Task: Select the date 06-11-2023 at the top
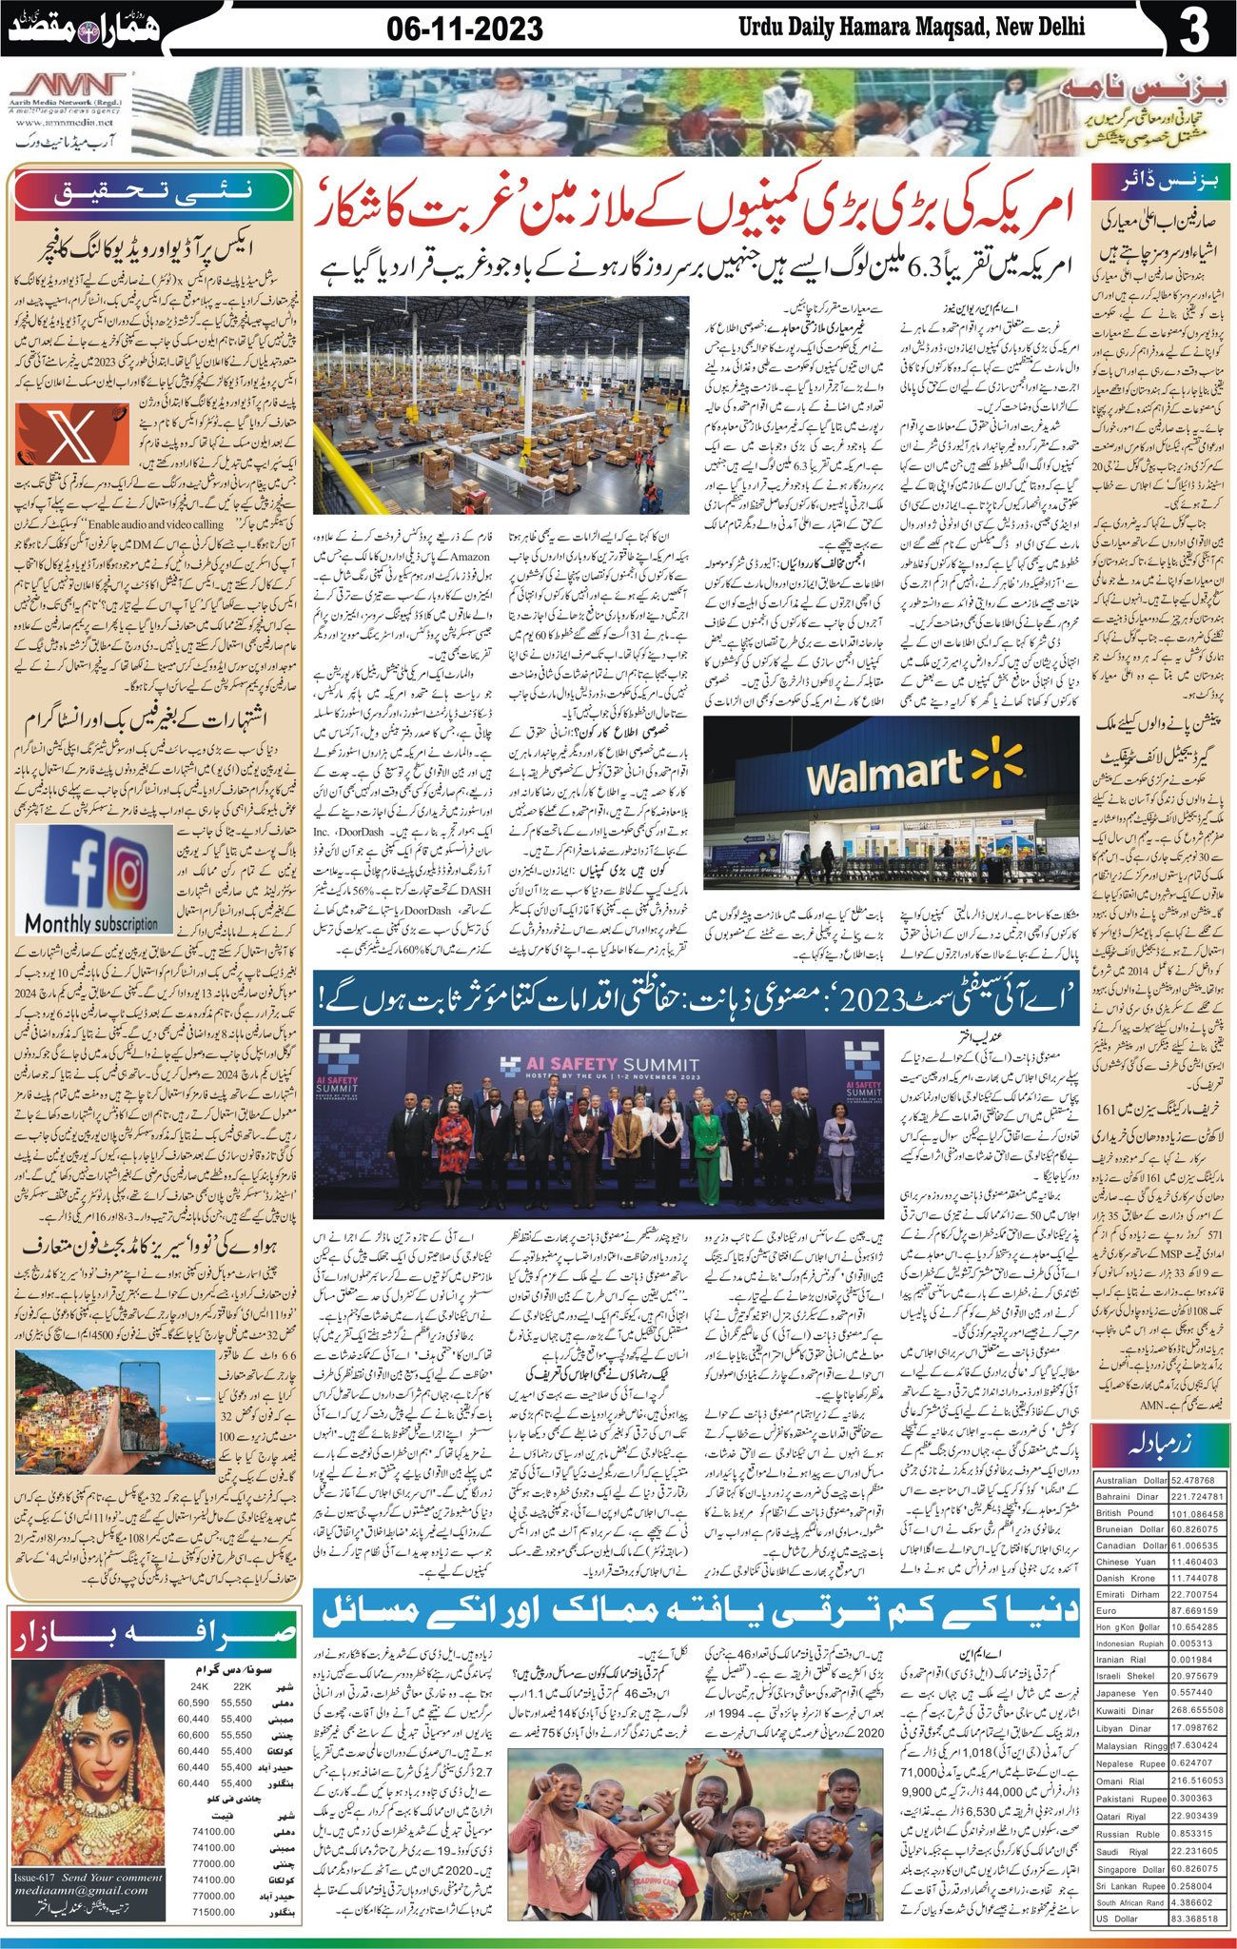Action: coord(465,30)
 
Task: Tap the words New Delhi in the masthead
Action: coord(1041,28)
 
